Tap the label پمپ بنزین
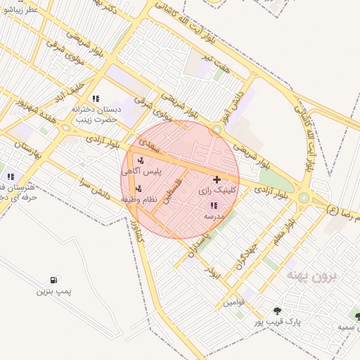(54, 291)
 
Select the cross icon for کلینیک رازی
(215, 180)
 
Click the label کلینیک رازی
(214, 190)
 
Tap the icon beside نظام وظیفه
(138, 188)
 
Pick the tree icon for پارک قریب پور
(276, 311)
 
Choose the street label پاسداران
(200, 240)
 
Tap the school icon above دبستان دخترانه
(96, 98)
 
